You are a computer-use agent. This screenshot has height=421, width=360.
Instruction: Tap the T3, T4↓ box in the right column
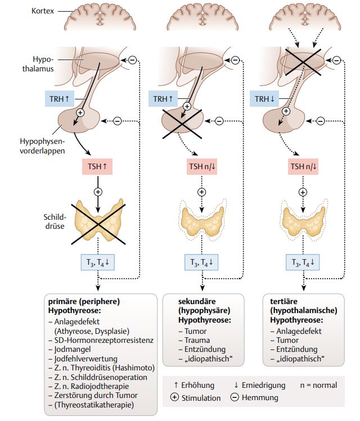pyautogui.click(x=303, y=262)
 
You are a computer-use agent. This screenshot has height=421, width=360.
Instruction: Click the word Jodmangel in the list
pyautogui.click(x=76, y=348)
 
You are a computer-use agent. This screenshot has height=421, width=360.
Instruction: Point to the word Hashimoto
pyautogui.click(x=130, y=368)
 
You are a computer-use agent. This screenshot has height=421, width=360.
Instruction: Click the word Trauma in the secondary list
pyautogui.click(x=193, y=340)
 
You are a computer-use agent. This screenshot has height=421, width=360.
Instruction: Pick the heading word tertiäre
pyautogui.click(x=282, y=301)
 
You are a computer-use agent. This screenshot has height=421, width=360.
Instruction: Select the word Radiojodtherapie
pyautogui.click(x=94, y=386)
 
